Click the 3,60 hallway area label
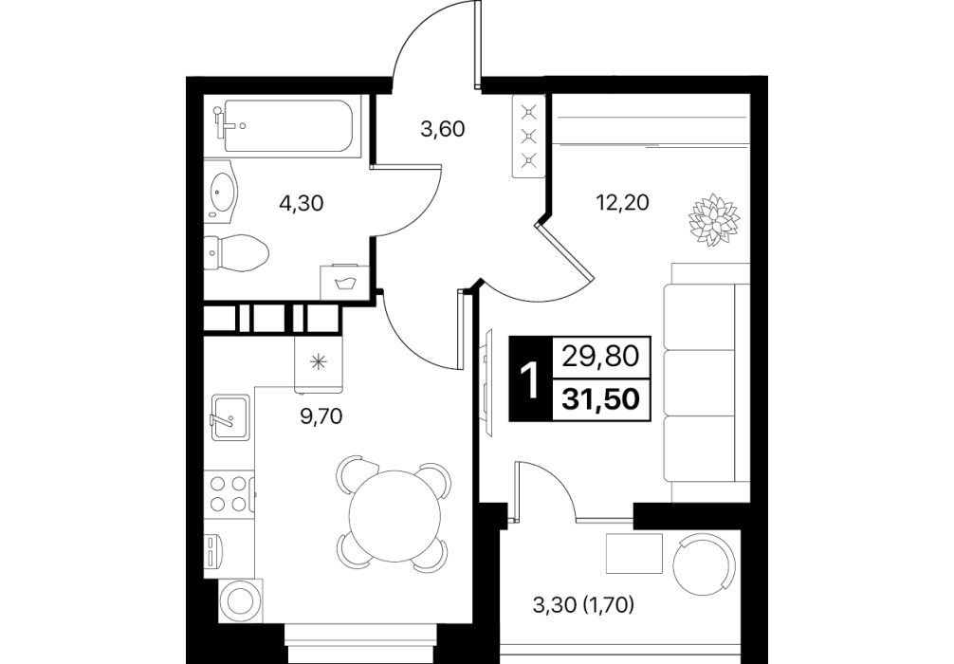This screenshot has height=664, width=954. pyautogui.click(x=443, y=129)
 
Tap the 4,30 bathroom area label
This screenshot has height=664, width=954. pyautogui.click(x=301, y=203)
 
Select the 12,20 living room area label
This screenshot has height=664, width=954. pyautogui.click(x=622, y=201)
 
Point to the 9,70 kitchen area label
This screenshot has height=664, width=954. pyautogui.click(x=321, y=416)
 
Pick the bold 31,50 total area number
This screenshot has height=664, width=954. pyautogui.click(x=601, y=398)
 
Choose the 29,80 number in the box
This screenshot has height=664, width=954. pyautogui.click(x=601, y=357)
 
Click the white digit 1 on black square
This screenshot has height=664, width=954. pyautogui.click(x=530, y=379)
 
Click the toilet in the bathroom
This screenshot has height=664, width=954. pyautogui.click(x=236, y=252)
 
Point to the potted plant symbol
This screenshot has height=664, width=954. pyautogui.click(x=714, y=220)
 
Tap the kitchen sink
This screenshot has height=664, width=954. pyautogui.click(x=230, y=417)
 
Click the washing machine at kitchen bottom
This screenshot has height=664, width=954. pyautogui.click(x=240, y=600)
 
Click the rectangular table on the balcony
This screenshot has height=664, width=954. pyautogui.click(x=634, y=553)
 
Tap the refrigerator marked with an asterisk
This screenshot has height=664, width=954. pyautogui.click(x=319, y=363)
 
